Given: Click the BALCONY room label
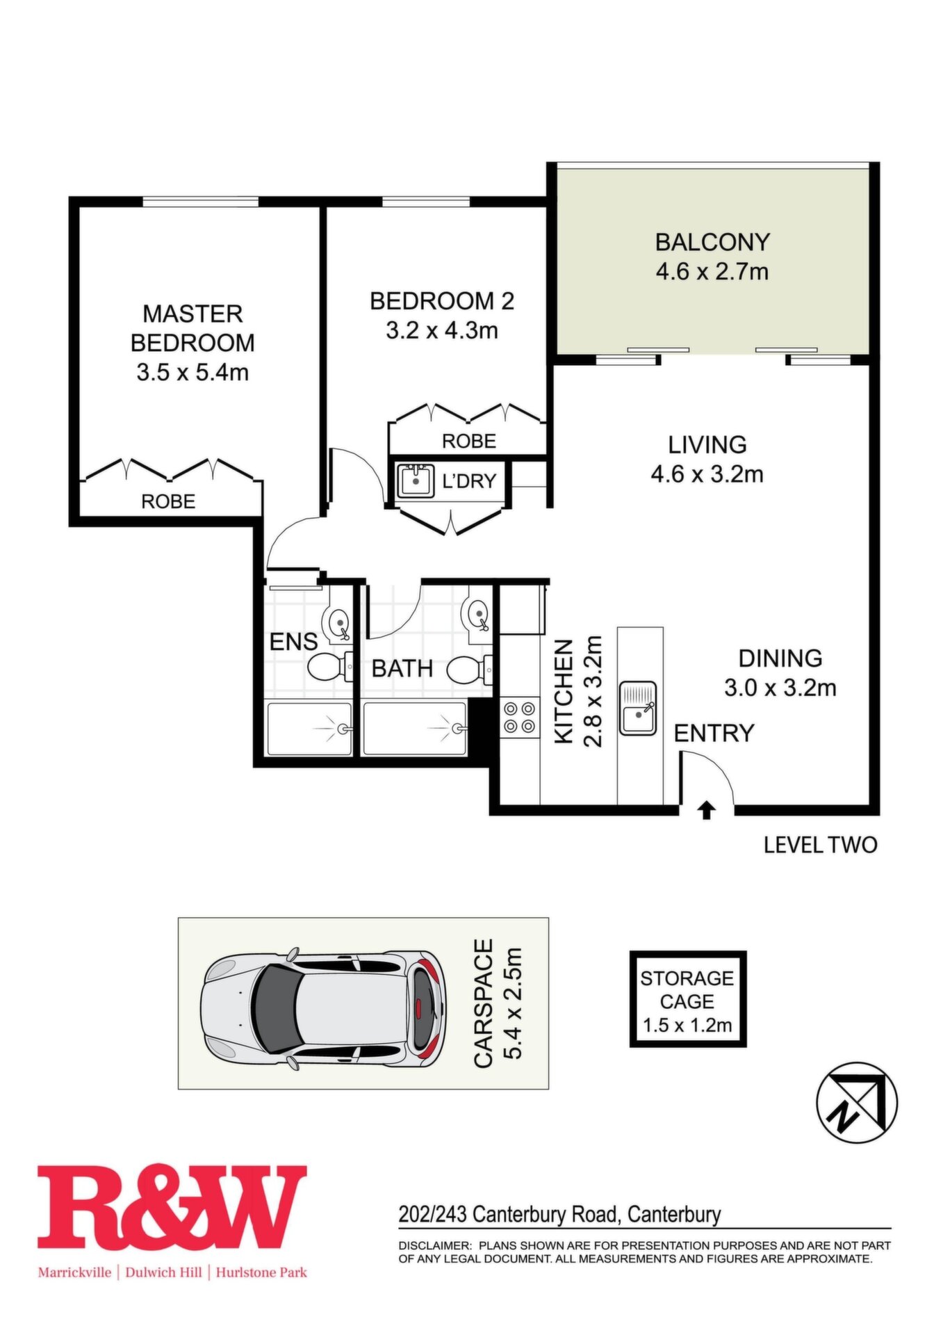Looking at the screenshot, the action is click(x=712, y=242).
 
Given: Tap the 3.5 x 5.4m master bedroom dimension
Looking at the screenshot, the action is click(x=192, y=372).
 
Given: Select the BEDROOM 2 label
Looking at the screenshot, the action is click(x=442, y=301).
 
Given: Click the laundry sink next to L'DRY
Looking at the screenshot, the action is click(x=416, y=480).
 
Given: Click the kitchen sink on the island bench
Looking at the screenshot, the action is click(x=639, y=708).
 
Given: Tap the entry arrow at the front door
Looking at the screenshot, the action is click(x=707, y=810).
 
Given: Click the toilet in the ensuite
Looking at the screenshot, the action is click(x=329, y=668).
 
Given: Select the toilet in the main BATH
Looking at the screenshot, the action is click(x=469, y=670).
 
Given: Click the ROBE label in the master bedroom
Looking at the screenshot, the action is click(x=168, y=501).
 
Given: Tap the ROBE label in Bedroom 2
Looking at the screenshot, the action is click(x=469, y=441).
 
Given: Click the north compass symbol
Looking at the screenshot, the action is click(x=856, y=1102).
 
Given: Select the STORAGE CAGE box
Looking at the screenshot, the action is click(x=687, y=999).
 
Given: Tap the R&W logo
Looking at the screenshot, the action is click(x=172, y=1207).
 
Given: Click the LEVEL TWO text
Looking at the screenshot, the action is click(x=821, y=845).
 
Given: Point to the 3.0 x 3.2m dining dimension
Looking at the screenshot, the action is click(x=780, y=688).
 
